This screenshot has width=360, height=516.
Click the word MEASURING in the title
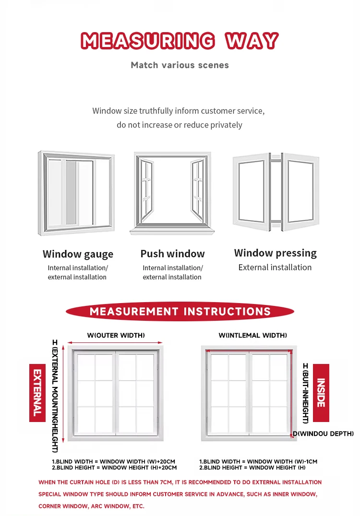pos(148,41)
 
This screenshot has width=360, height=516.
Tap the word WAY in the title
pos(252,41)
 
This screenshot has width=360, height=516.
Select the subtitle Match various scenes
pos(180,65)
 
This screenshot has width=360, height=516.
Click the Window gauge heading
pos(78,254)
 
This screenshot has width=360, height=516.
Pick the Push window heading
pos(173,254)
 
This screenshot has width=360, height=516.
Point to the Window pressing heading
pos(276,253)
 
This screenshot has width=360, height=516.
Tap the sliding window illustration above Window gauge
pos(76,193)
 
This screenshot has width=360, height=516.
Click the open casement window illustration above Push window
pos(172,193)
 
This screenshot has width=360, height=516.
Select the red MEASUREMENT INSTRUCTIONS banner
pos(180,311)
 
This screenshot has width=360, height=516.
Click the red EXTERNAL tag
pos(37,393)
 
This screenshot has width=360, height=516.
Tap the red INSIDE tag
pos(321,393)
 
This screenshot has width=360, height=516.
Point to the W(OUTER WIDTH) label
pos(116,335)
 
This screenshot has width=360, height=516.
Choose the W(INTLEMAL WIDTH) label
pos(252,335)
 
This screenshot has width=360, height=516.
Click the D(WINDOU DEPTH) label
pos(324,434)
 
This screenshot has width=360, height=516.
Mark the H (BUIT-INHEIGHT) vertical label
pos(305,393)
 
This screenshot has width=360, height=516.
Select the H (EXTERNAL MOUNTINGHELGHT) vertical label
pos(55,396)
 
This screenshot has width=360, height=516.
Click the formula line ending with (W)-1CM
pos(258,462)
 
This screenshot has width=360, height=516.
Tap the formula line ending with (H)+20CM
pos(114,468)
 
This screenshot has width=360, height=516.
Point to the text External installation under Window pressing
pos(275,268)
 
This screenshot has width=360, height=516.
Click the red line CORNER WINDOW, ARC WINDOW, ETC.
pos(92,506)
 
